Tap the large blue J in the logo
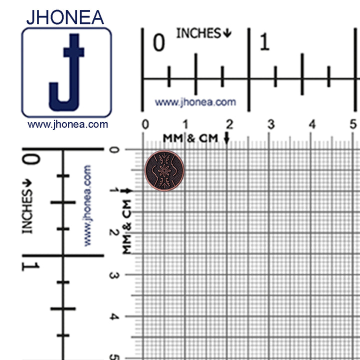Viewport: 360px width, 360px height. [x=66, y=72]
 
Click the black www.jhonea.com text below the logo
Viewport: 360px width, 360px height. [x=67, y=124]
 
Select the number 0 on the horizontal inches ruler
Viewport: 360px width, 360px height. [x=158, y=43]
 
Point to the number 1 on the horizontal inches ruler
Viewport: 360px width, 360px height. [x=264, y=43]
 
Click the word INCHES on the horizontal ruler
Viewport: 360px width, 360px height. [x=198, y=33]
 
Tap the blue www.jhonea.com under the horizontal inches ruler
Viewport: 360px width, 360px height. [x=195, y=102]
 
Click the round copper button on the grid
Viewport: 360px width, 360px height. [x=164, y=170]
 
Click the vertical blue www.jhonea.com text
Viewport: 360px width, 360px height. [x=87, y=205]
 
